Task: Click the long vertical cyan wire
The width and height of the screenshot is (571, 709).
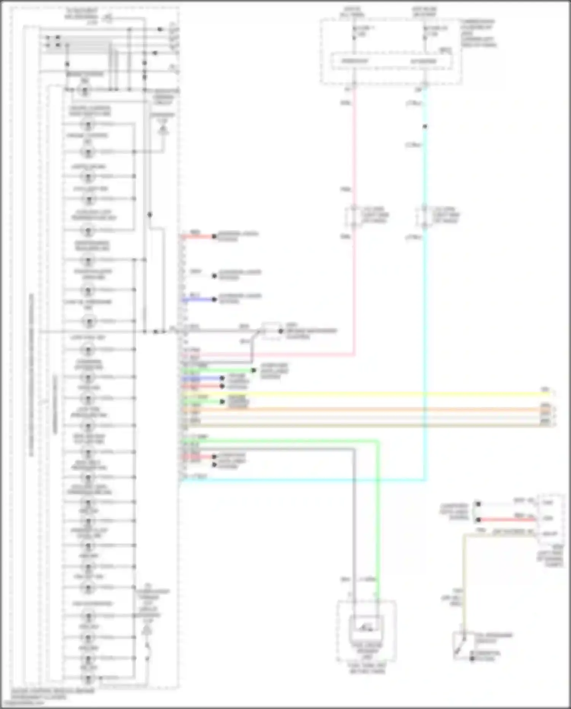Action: pyautogui.click(x=425, y=305)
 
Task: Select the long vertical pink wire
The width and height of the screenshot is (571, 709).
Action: pyautogui.click(x=354, y=286)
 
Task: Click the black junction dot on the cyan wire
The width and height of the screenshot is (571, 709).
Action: pyautogui.click(x=425, y=126)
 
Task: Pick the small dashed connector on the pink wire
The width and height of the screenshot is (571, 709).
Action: pyautogui.click(x=353, y=216)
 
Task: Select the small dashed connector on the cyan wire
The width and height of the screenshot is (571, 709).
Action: pyautogui.click(x=424, y=216)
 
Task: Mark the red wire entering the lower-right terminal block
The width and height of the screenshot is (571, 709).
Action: pyautogui.click(x=506, y=519)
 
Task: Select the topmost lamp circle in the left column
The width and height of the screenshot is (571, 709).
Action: pyautogui.click(x=85, y=91)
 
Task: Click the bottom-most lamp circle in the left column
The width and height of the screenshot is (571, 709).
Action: pyautogui.click(x=88, y=678)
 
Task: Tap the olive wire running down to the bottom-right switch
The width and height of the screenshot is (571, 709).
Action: pyautogui.click(x=464, y=583)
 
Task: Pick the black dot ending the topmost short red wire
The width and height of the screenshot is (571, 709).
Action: pyautogui.click(x=214, y=237)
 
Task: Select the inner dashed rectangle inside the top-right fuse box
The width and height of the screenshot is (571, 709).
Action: pyautogui.click(x=392, y=61)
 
